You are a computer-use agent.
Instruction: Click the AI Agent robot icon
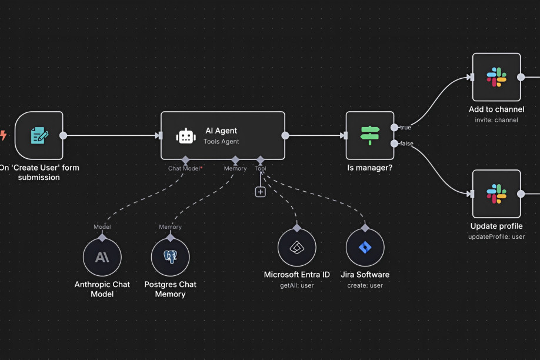[186, 136]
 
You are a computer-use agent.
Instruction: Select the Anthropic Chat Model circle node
[102, 257]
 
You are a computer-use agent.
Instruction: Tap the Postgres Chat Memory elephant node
[170, 257]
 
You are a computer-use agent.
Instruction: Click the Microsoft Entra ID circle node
[296, 248]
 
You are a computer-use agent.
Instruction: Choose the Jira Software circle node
[365, 248]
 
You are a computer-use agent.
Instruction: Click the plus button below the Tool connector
[260, 192]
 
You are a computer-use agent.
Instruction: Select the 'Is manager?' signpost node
[369, 135]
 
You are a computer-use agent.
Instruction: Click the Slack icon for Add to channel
[496, 77]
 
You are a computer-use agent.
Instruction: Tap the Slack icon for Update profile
[496, 194]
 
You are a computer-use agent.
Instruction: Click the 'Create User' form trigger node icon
[39, 135]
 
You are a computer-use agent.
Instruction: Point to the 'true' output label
[405, 127]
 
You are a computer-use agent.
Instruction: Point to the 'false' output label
[406, 144]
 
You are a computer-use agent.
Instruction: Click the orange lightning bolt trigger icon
[3, 135]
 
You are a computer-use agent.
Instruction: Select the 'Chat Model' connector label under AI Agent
[184, 168]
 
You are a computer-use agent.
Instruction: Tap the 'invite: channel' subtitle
[496, 120]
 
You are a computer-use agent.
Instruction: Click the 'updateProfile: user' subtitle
[496, 236]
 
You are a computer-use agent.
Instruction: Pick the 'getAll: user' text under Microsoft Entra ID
[296, 285]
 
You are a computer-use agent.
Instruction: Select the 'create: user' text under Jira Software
[365, 285]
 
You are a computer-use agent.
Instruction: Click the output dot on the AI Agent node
[285, 135]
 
